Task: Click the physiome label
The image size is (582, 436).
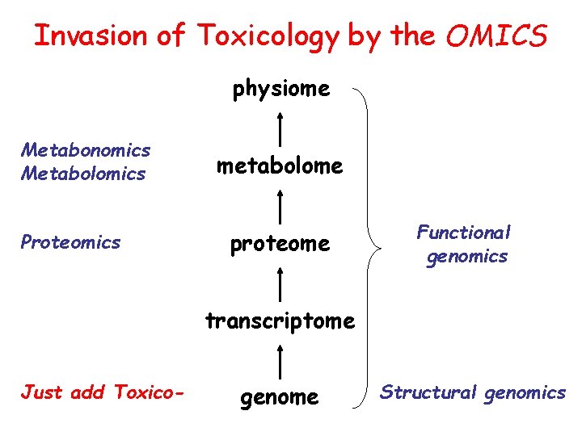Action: (x=281, y=90)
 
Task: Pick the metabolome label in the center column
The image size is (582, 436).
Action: (x=279, y=166)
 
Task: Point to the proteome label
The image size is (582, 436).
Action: (x=280, y=244)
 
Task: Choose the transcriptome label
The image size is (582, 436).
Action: (x=280, y=321)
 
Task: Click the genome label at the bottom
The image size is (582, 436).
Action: (x=280, y=397)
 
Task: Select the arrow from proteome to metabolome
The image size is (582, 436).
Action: (x=280, y=205)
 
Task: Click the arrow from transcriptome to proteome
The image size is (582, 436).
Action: (x=280, y=283)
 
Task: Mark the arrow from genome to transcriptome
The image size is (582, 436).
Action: (x=280, y=360)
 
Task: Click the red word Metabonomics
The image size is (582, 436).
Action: (x=86, y=150)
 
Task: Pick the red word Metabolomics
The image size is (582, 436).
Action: (x=84, y=174)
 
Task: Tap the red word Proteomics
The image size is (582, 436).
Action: (x=71, y=242)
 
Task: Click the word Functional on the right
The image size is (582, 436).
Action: (x=463, y=233)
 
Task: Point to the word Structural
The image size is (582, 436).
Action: (x=428, y=392)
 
